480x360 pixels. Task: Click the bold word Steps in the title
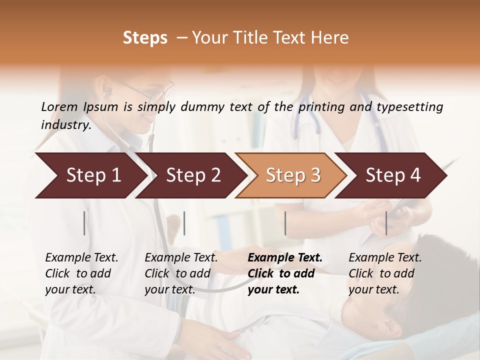tap(145, 38)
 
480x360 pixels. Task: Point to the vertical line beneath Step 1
tap(84, 223)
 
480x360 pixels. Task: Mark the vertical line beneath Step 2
tap(184, 223)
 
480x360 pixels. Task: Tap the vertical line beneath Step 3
tap(285, 223)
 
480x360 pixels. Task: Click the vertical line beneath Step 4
tap(386, 223)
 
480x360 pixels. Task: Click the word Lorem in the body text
tap(59, 106)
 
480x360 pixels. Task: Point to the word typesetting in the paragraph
tap(409, 107)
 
